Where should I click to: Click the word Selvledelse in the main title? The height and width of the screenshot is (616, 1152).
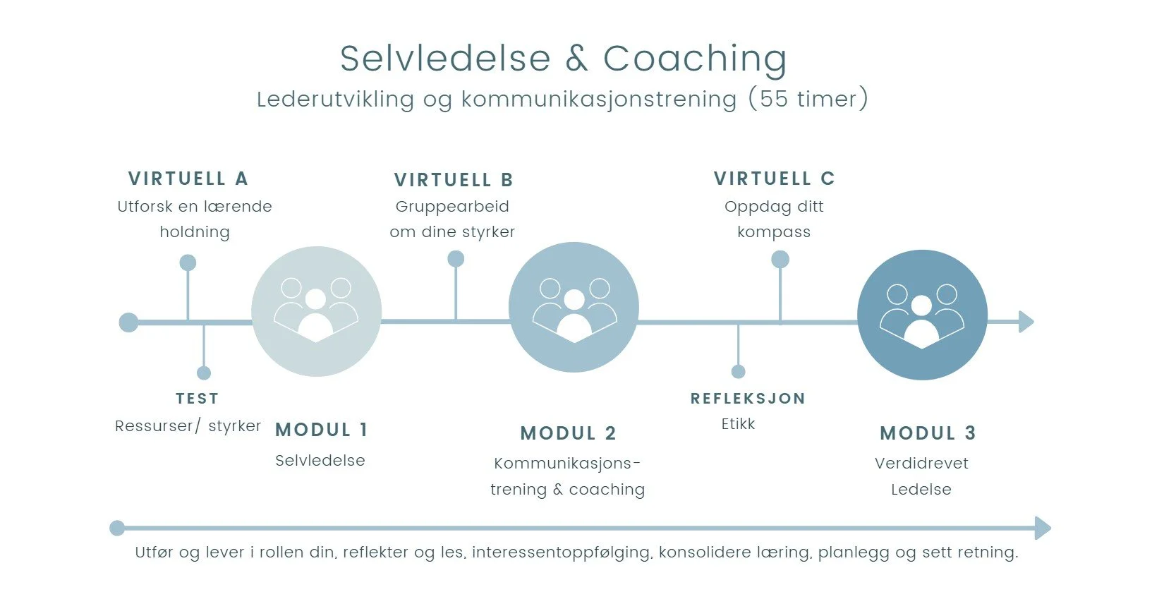(445, 59)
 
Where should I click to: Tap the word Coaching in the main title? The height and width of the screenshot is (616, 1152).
(695, 59)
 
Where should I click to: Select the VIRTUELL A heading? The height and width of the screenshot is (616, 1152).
(188, 179)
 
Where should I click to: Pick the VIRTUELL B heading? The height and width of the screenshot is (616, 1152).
(454, 180)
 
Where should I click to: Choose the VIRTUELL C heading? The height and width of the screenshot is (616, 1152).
(774, 179)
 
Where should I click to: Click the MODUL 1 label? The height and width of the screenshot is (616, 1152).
(321, 430)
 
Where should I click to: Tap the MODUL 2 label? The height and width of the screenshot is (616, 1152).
(568, 433)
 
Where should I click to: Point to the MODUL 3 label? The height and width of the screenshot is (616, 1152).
(928, 433)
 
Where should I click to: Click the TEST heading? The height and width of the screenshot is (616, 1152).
(197, 399)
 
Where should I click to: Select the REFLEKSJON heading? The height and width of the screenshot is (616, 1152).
(748, 399)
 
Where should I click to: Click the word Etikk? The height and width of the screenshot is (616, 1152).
(738, 424)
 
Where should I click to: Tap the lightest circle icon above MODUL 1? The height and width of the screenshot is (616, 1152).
(316, 311)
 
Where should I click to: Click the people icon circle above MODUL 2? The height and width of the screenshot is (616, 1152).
(574, 307)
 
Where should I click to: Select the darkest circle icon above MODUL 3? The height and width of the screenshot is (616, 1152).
(922, 315)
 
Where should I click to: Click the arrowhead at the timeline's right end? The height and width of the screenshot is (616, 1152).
(1026, 322)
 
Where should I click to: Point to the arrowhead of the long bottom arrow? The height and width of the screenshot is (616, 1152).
(1043, 528)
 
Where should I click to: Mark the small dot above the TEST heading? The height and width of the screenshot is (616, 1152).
(204, 373)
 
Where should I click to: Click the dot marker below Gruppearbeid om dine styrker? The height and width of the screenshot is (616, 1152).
(456, 259)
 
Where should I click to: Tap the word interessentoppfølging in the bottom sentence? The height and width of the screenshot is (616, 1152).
(562, 552)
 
